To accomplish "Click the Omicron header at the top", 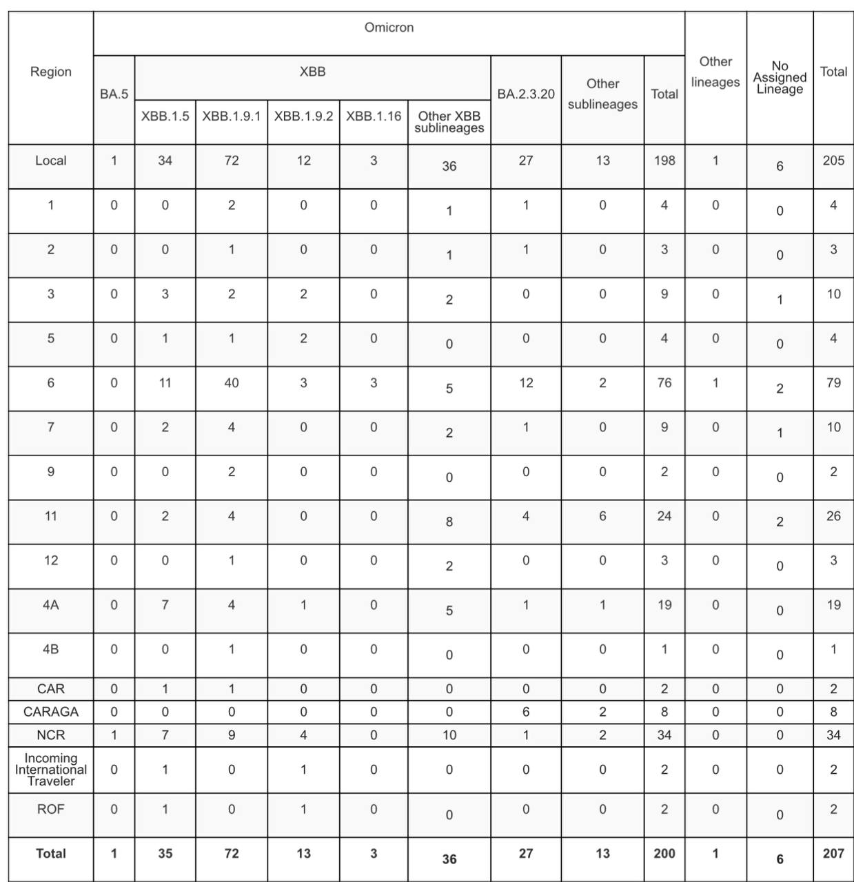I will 389,28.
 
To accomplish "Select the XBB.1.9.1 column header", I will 232,116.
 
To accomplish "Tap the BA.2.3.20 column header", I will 526,94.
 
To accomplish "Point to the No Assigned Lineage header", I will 780,77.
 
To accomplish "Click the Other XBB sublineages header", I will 449,122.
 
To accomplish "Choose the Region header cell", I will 51,72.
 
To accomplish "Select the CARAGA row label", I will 51,711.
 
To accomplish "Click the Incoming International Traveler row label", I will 51,770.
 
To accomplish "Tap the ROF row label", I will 51,809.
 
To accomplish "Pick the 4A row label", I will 51,605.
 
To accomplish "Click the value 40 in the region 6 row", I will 232,382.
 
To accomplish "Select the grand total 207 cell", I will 833,853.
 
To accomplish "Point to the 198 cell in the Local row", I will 664,161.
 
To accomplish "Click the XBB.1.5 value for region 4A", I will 165,605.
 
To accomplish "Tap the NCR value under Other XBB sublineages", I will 449,735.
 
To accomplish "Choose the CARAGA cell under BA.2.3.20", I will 526,711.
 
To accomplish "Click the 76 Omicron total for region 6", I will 664,382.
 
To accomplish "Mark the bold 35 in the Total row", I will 165,853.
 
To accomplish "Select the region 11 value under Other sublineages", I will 602,516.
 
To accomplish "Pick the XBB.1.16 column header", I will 374,116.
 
